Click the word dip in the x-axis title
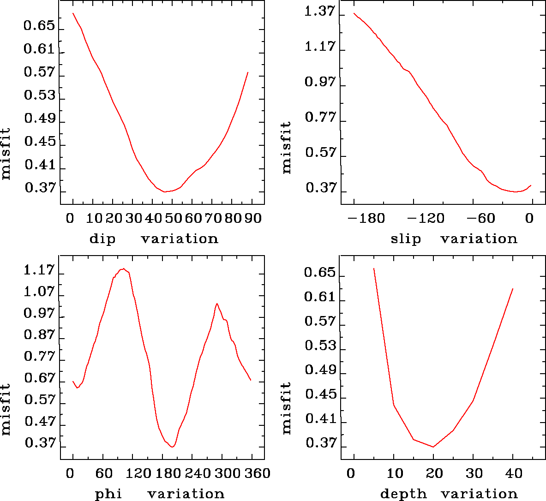pyautogui.click(x=102, y=239)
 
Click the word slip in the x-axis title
pyautogui.click(x=406, y=239)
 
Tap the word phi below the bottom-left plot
pyautogui.click(x=108, y=494)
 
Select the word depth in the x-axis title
pyautogui.click(x=403, y=494)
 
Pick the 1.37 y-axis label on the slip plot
pyautogui.click(x=319, y=12)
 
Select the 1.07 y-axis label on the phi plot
pyautogui.click(x=39, y=292)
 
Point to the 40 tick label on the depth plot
pyautogui.click(x=513, y=473)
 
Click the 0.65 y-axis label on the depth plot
pyautogui.click(x=319, y=273)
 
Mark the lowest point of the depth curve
pyautogui.click(x=433, y=447)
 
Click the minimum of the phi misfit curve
pyautogui.click(x=172, y=447)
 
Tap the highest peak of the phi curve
pyautogui.click(x=123, y=268)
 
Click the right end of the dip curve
pyautogui.click(x=248, y=72)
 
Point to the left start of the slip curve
pyautogui.click(x=354, y=13)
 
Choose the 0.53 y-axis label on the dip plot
pyautogui.click(x=39, y=95)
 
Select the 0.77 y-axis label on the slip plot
pyautogui.click(x=319, y=118)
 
